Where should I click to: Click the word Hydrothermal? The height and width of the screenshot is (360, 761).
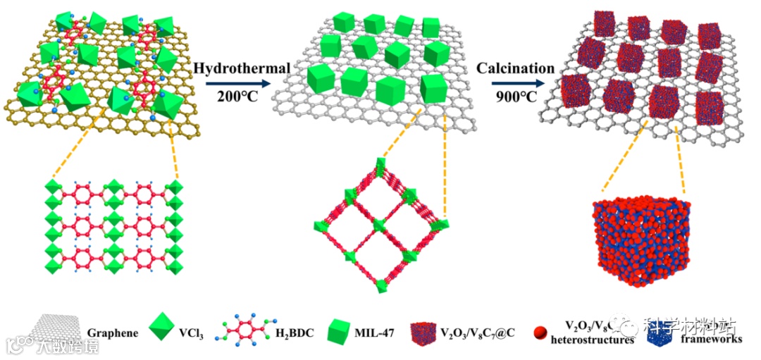pyautogui.click(x=242, y=68)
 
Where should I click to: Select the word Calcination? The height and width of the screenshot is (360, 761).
pyautogui.click(x=515, y=68)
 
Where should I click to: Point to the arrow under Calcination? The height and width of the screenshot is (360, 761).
pyautogui.click(x=515, y=82)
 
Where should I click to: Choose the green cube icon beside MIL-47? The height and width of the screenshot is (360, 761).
pyautogui.click(x=342, y=332)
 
